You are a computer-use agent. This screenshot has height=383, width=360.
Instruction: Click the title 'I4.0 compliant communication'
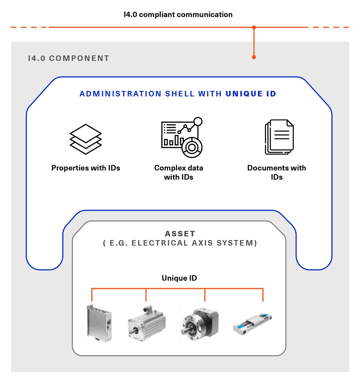pos(178,15)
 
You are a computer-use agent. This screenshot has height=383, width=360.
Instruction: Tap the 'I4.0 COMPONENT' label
pos(69,58)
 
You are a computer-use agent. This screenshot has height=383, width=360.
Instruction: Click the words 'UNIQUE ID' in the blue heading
pos(251,94)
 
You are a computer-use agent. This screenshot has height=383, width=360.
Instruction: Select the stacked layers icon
pos(86,139)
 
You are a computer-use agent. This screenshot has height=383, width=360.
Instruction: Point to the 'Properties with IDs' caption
pos(86,168)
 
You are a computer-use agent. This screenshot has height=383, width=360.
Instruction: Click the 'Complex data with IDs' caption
pos(179,172)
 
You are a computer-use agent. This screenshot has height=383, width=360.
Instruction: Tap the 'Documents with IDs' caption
pos(276,172)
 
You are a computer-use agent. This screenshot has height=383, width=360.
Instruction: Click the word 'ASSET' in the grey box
pos(180,234)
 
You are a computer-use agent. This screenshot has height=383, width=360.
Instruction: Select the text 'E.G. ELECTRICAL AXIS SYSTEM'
pos(180,243)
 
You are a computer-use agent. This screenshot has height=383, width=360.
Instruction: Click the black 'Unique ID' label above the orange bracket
pos(179,278)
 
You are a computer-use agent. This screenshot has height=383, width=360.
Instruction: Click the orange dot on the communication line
pos(254,27)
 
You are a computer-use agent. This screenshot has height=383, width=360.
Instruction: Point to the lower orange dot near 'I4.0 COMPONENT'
pos(254,57)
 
